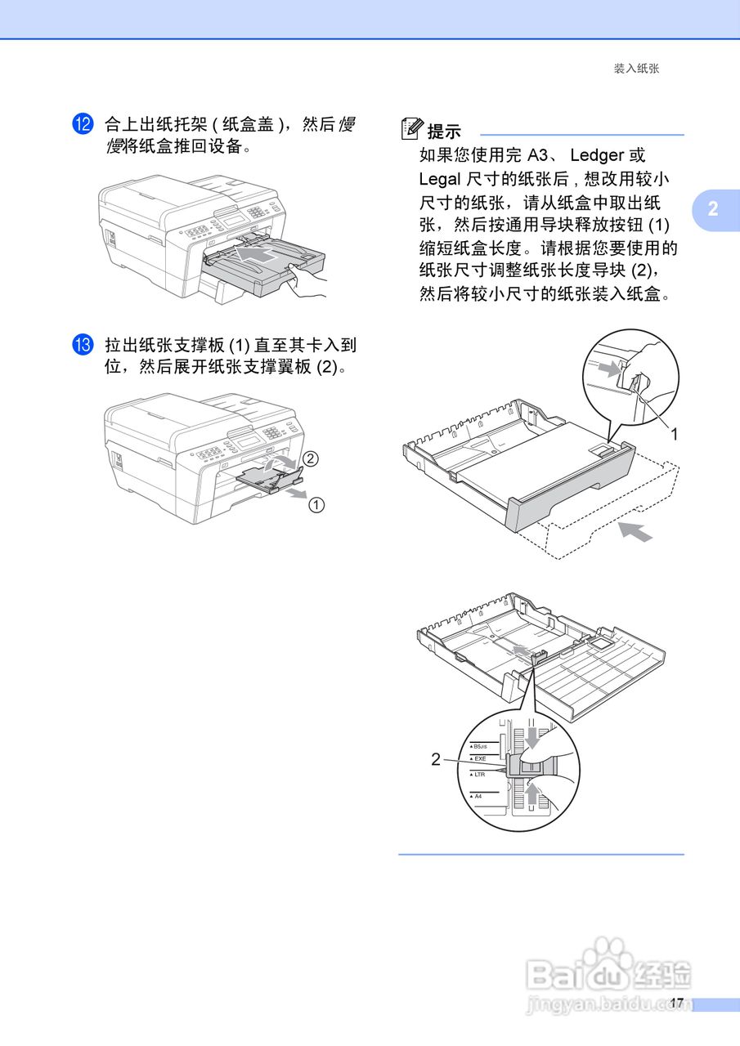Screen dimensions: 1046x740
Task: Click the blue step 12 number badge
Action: pyautogui.click(x=83, y=124)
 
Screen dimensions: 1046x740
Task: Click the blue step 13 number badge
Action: pyautogui.click(x=83, y=345)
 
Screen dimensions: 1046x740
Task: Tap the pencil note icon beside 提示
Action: pyautogui.click(x=412, y=129)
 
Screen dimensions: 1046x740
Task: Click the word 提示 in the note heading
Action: pyautogui.click(x=445, y=131)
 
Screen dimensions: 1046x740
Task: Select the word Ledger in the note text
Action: pyautogui.click(x=596, y=155)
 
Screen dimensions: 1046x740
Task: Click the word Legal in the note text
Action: pyautogui.click(x=439, y=179)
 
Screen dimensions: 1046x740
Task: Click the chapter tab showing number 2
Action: pyautogui.click(x=712, y=208)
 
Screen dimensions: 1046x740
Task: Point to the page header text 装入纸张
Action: pyautogui.click(x=636, y=69)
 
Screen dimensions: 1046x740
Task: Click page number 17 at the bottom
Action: pyautogui.click(x=675, y=1002)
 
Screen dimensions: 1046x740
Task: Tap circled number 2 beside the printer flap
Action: pyautogui.click(x=308, y=458)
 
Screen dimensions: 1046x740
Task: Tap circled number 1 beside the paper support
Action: pyautogui.click(x=316, y=505)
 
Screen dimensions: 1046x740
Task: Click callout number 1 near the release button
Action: pyautogui.click(x=674, y=436)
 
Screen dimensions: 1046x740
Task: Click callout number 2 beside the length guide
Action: pyautogui.click(x=436, y=759)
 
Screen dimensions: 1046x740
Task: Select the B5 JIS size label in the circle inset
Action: pyautogui.click(x=480, y=747)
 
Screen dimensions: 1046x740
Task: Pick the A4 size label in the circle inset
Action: pyautogui.click(x=478, y=795)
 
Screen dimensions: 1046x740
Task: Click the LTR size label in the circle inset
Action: pyautogui.click(x=479, y=773)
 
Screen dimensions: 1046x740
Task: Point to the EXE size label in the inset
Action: pyautogui.click(x=479, y=759)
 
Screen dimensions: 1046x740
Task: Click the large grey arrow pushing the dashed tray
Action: pyautogui.click(x=635, y=531)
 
